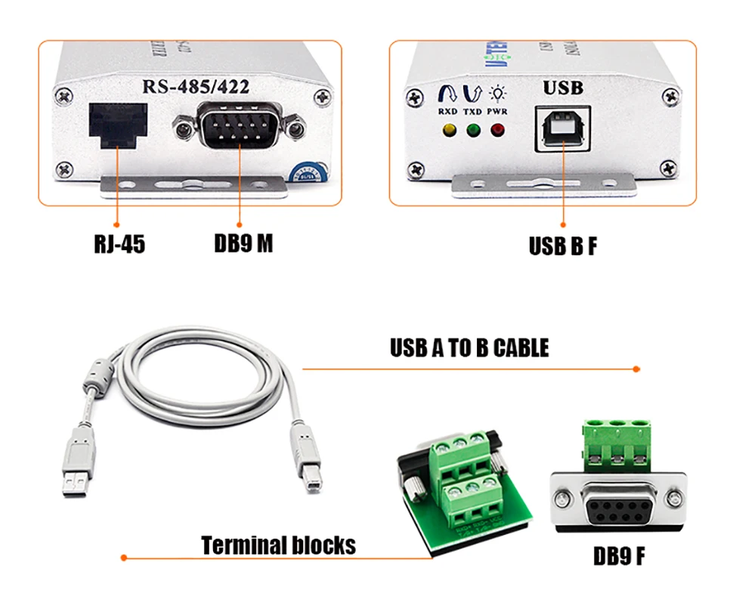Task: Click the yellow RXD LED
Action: pyautogui.click(x=449, y=131)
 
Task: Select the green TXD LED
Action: pyautogui.click(x=474, y=131)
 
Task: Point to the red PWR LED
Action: pyautogui.click(x=497, y=131)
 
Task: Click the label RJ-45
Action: pyautogui.click(x=119, y=245)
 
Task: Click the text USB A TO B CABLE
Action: pyautogui.click(x=469, y=348)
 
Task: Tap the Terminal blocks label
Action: pyautogui.click(x=278, y=545)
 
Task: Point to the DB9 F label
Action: pyautogui.click(x=619, y=557)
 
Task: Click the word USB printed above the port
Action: pyautogui.click(x=563, y=88)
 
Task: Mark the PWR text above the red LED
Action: pyautogui.click(x=497, y=112)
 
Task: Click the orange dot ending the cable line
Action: pyautogui.click(x=636, y=369)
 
